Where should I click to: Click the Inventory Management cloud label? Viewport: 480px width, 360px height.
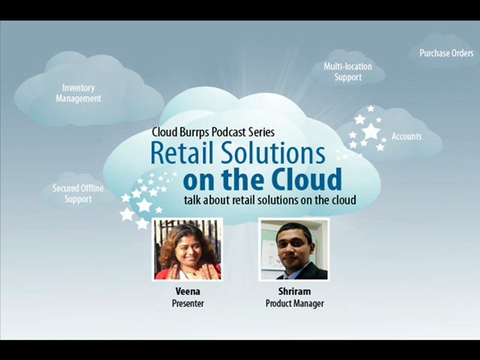78,93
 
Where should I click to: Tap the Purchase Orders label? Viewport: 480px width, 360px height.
446,53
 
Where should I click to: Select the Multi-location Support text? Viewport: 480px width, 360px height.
347,72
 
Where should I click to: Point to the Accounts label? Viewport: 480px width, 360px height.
406,136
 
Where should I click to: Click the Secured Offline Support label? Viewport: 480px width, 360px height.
78,193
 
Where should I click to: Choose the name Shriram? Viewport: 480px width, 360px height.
294,291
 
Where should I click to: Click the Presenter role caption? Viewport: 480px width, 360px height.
187,303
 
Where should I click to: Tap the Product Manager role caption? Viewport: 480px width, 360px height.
294,303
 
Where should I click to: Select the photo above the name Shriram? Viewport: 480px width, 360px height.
294,249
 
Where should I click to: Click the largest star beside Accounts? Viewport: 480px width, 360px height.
370,131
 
